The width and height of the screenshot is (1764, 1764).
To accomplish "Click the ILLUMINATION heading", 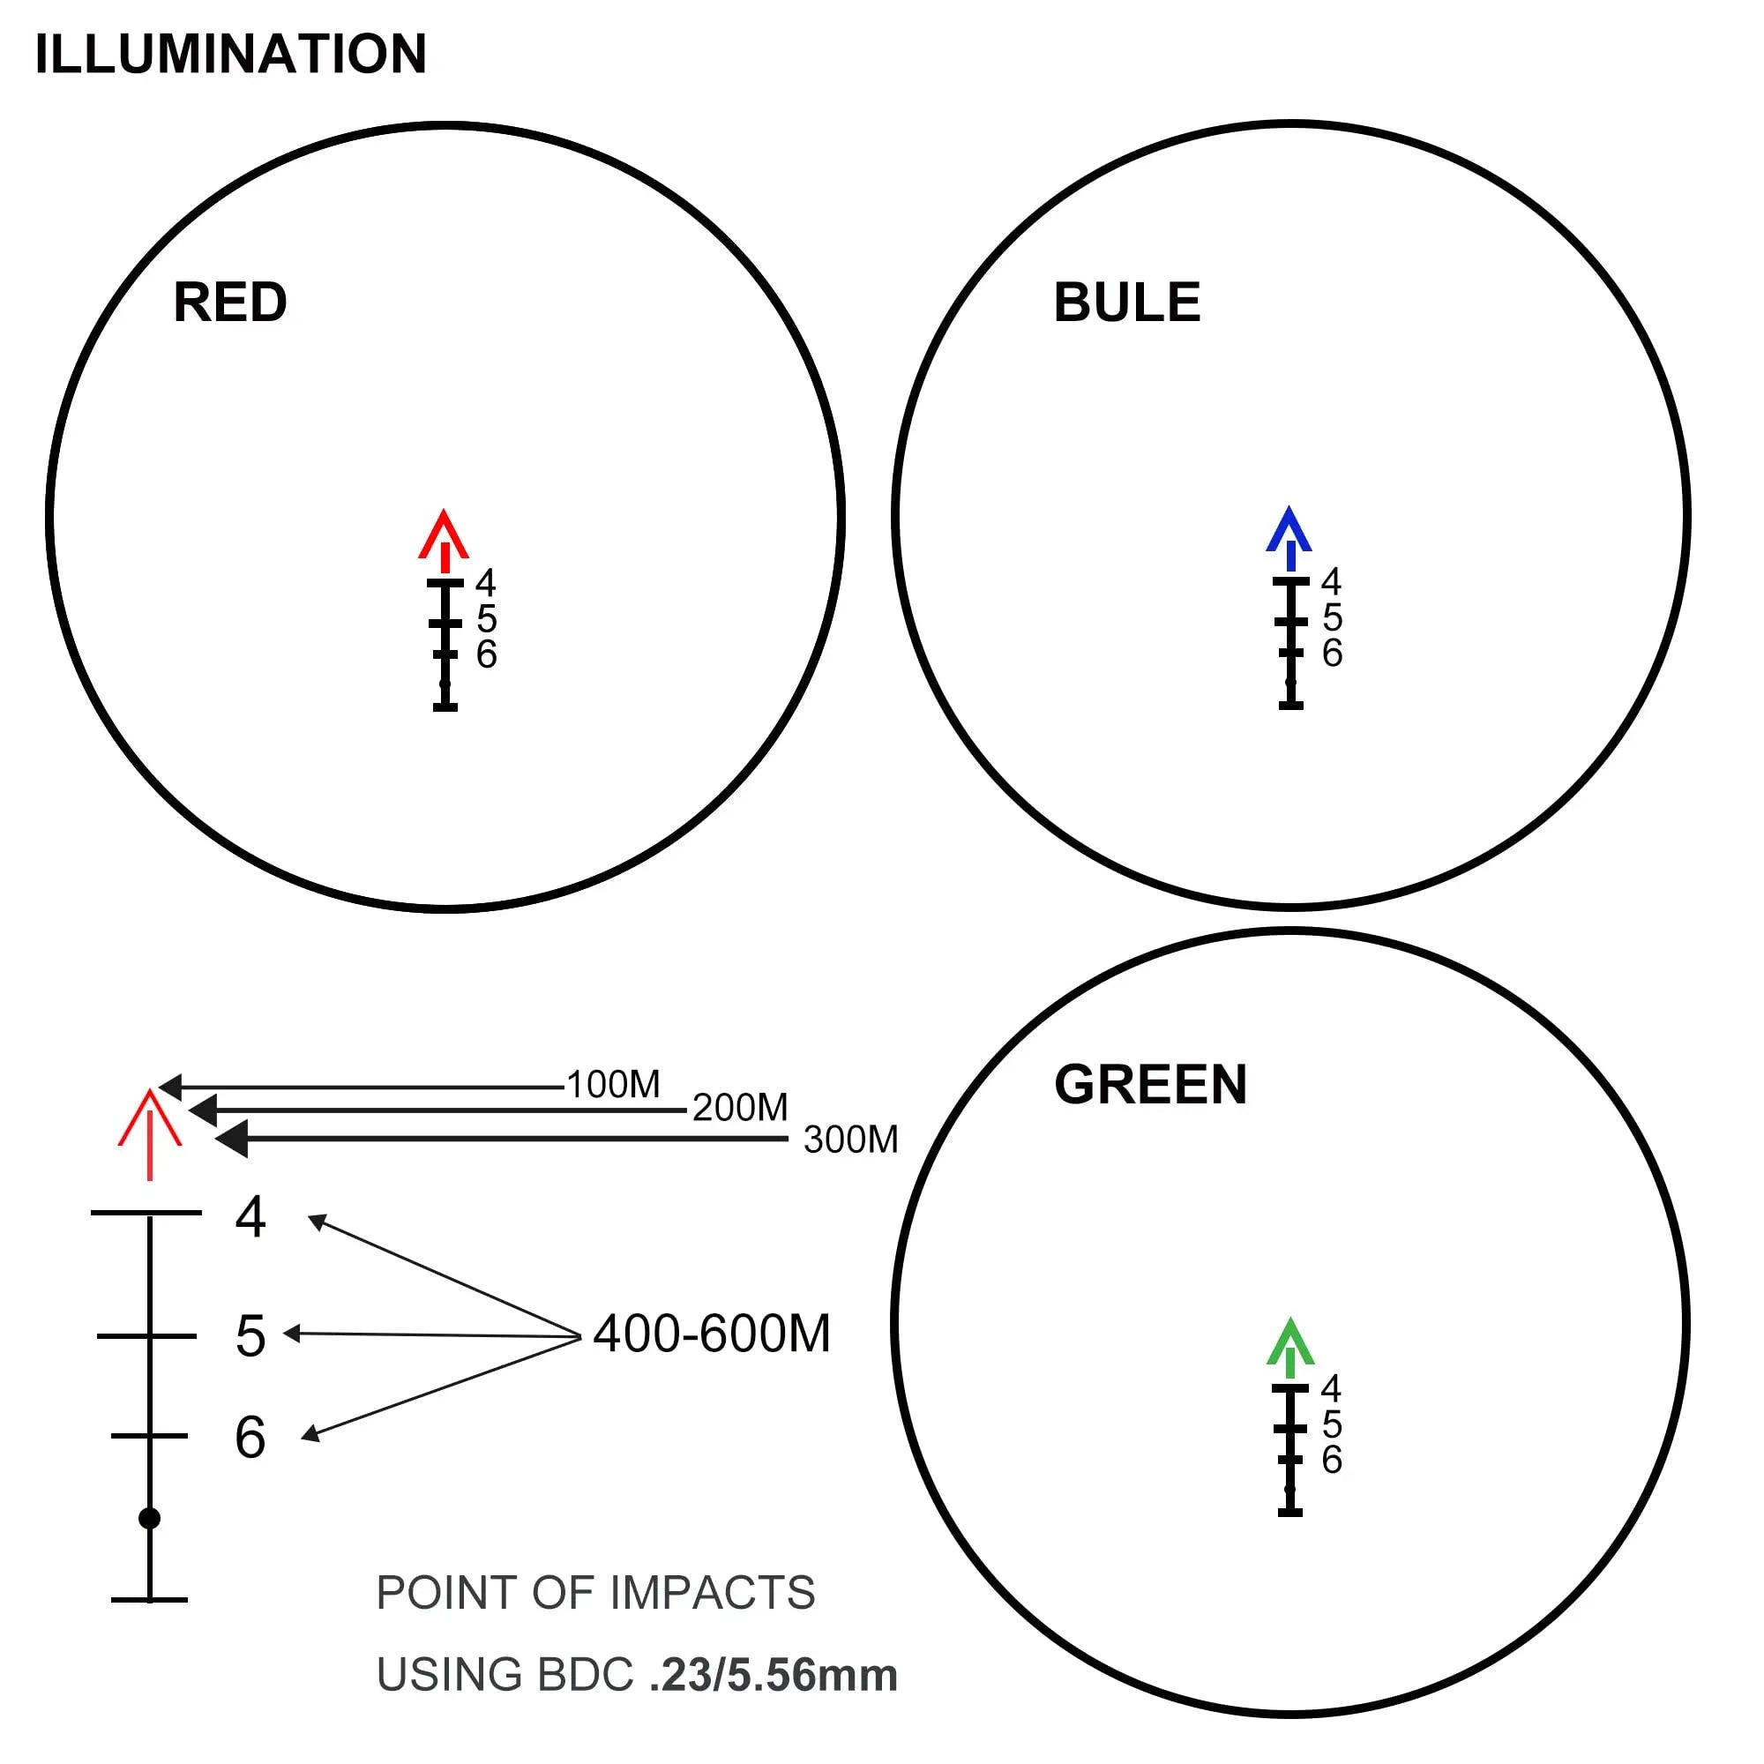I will [x=230, y=54].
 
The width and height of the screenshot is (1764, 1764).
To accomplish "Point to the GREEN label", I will [x=1150, y=1085].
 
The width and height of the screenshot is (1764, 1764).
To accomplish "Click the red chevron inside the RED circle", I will [x=444, y=538].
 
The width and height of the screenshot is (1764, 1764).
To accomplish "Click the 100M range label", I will [x=614, y=1085].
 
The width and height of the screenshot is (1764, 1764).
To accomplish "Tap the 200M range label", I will [x=740, y=1108].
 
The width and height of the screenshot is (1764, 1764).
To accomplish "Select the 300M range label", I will [x=851, y=1140].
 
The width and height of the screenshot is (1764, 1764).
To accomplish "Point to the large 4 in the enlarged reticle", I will [x=250, y=1217].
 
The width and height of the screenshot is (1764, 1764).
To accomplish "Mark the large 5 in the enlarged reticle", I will [x=250, y=1337].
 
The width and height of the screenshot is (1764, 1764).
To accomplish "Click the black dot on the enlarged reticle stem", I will [x=150, y=1519].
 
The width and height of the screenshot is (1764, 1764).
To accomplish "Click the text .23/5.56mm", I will [x=774, y=1676].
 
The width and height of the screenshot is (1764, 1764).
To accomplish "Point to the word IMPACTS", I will [x=712, y=1593].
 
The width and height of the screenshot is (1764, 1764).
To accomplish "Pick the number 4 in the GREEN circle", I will [x=1331, y=1389].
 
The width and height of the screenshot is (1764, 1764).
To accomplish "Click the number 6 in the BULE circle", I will [x=1332, y=654].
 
